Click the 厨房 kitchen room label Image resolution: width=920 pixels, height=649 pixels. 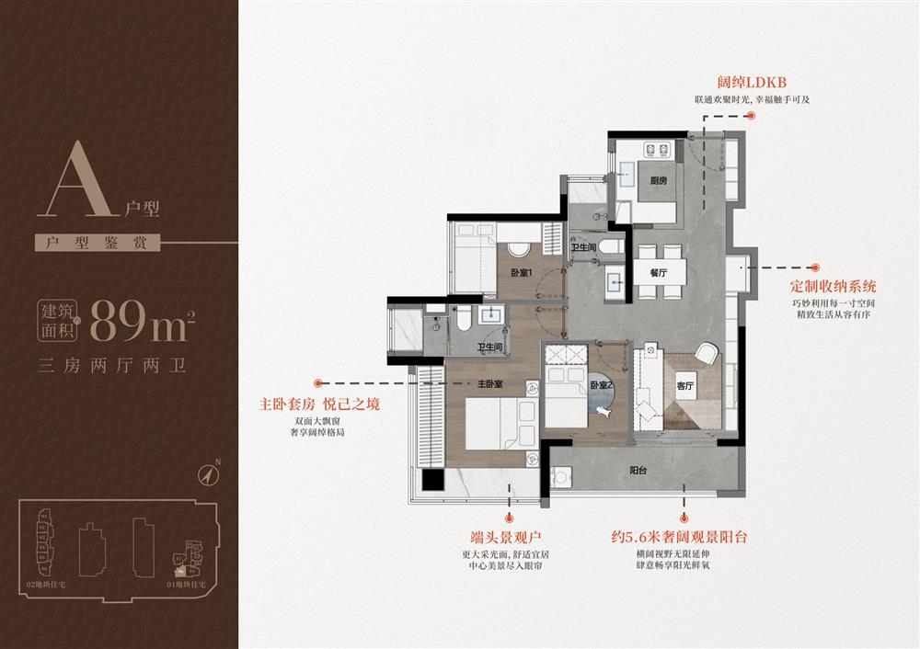click(657, 181)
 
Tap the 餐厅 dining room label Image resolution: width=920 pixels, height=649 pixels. click(657, 273)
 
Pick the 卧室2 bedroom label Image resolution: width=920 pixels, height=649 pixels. click(600, 385)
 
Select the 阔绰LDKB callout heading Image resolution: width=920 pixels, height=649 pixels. click(752, 83)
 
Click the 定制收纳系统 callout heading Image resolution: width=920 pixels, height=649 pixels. click(834, 286)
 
